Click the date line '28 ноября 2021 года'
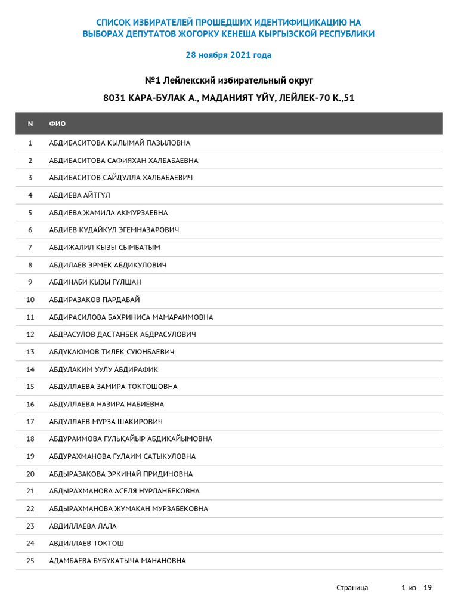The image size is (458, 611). pos(228,55)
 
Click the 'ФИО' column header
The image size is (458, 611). pos(57,124)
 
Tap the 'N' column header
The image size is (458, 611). pos(30,124)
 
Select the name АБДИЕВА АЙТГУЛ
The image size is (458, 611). pos(79,195)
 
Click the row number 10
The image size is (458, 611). pos(30,300)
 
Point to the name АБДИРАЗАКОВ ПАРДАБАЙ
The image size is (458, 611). pos(94,300)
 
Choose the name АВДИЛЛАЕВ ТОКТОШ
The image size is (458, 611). pos(86,544)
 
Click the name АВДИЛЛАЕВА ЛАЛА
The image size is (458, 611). pos(83,526)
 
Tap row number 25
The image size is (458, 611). pos(30,561)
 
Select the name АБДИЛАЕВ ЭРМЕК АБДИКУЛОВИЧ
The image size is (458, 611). pos(108,265)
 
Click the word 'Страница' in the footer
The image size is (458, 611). pos(352,588)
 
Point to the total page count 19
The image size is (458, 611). pos(427,588)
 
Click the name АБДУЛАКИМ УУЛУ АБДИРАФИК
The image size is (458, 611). pos(104,369)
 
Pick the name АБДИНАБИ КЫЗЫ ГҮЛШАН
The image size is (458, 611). pos(95,282)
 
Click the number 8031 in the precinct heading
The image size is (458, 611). pos(114,98)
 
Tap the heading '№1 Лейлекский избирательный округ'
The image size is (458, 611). pos(229,80)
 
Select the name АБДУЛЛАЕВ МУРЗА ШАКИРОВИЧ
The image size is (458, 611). pos(106,422)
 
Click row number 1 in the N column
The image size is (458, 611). pos(30,143)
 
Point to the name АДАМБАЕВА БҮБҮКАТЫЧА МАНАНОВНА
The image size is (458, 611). pos(117,561)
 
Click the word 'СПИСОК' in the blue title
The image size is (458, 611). pos(113,22)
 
